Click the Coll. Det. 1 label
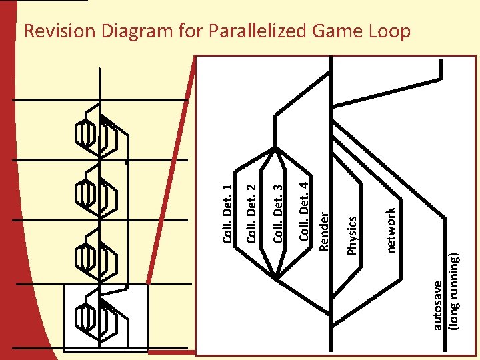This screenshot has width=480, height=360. coord(227,214)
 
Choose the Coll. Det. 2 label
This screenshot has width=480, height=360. coord(253,206)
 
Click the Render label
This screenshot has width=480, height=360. coord(325,231)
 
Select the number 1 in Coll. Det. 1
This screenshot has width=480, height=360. coord(227,189)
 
